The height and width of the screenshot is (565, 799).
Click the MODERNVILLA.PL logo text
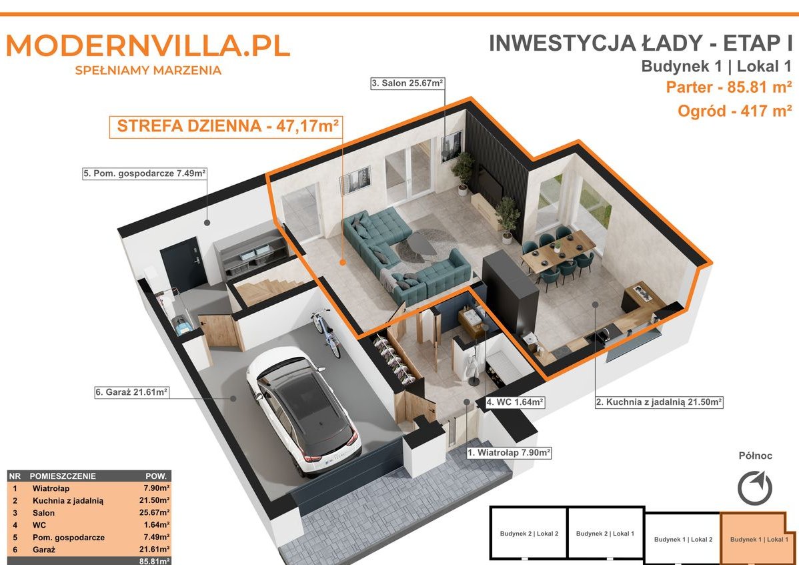148,45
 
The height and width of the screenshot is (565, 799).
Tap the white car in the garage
303,411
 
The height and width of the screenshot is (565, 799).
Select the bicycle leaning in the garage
326,332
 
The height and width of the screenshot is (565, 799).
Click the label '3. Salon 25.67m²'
407,83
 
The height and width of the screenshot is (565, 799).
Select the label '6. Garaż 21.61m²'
131,392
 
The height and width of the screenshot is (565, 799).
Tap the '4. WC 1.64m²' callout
515,402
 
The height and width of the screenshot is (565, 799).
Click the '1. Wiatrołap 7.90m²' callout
509,452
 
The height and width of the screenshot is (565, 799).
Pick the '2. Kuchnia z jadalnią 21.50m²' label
660,402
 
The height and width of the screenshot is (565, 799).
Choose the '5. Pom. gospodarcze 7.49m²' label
145,173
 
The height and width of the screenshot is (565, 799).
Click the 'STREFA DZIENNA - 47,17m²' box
226,127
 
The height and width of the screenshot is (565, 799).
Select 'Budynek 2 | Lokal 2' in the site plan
529,534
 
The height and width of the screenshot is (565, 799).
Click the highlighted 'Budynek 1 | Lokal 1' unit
759,539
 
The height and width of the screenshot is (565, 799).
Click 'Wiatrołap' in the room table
51,488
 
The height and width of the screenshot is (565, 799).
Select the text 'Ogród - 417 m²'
734,111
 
